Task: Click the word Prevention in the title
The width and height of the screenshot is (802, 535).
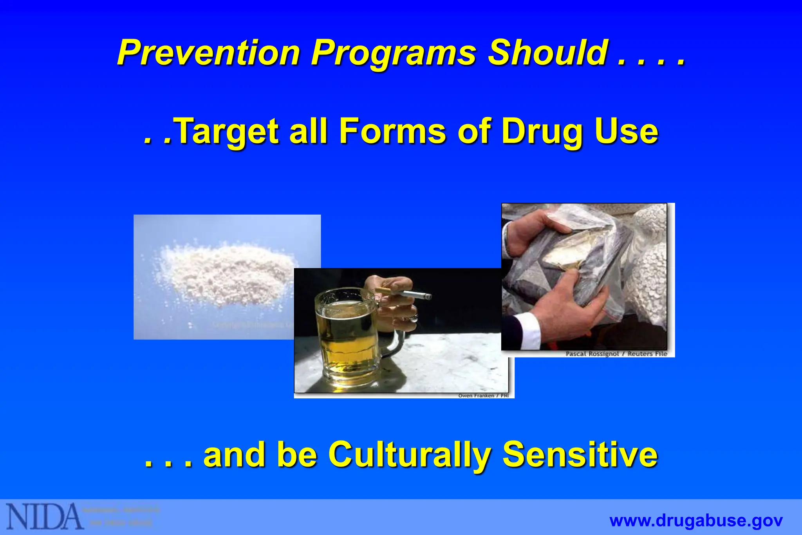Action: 208,53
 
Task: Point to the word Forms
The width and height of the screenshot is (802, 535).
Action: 392,131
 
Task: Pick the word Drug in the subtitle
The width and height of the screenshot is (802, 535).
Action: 542,132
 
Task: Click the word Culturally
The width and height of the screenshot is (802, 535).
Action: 410,455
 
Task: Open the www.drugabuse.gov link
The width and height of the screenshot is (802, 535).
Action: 696,521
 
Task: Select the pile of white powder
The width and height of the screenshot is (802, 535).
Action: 231,270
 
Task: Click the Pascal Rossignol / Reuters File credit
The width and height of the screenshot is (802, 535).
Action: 616,354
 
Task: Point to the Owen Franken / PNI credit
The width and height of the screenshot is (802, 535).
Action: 483,396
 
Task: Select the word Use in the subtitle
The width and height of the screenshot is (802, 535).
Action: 627,131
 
